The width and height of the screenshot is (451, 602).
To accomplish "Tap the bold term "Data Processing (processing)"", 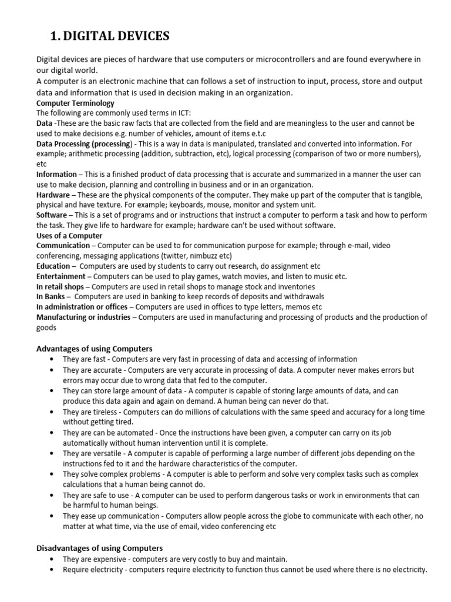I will (x=83, y=143).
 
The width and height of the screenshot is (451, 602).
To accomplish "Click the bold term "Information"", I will (x=56, y=174).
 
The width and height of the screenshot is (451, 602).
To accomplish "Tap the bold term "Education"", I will (x=53, y=266).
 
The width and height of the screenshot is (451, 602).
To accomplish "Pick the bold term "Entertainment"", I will (x=60, y=276).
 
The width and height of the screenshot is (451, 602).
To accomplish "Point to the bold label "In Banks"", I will (x=51, y=296).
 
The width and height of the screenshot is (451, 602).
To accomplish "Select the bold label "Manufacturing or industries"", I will (x=83, y=317).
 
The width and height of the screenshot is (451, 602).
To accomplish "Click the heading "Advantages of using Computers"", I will (x=95, y=349).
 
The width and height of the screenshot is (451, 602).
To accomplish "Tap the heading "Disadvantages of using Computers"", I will (x=99, y=548).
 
